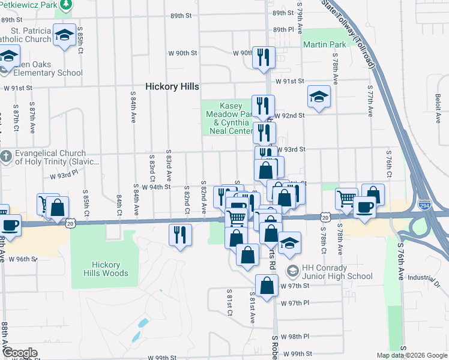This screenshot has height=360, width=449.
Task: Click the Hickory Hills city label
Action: pos(172,86)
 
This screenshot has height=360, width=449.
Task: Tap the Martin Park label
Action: pos(324,44)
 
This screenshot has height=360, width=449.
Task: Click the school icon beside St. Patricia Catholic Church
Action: pos(64,35)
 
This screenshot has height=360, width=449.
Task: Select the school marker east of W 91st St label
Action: pos(319,96)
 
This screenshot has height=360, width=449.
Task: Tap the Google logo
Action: pos(20,353)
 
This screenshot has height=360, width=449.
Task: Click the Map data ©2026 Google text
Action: pos(412,355)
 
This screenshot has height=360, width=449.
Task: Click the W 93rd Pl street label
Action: pos(64,175)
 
